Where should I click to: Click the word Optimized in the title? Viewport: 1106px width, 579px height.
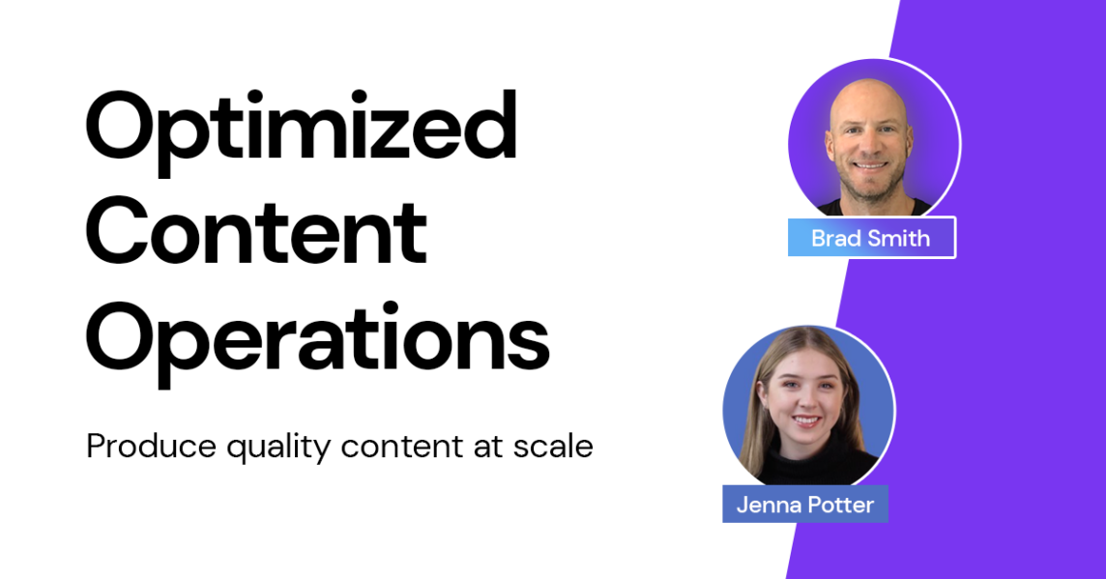coord(302,131)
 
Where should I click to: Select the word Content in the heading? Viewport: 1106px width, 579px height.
coord(257,232)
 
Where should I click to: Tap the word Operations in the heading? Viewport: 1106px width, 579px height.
coord(317,342)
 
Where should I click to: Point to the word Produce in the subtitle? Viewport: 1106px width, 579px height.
coord(151,447)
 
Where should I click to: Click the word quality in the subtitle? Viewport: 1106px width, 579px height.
coord(277,449)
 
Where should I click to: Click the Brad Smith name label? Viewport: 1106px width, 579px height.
coord(871,238)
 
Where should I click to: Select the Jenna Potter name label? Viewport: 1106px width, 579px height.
coord(804,505)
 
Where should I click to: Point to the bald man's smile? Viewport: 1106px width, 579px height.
coord(869,166)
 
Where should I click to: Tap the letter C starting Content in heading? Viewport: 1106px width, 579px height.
coord(117,232)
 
